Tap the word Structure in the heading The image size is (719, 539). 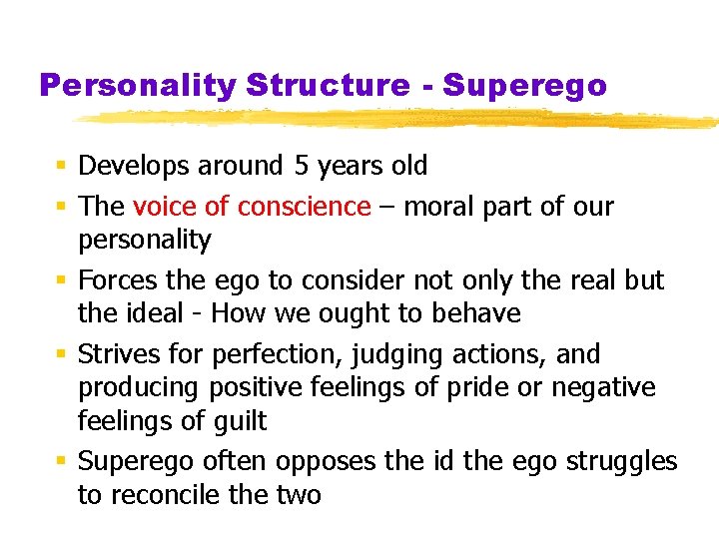[327, 86]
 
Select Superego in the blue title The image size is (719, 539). [524, 86]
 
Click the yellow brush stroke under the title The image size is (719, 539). [399, 120]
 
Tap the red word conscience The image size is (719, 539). [304, 207]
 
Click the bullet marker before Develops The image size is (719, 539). [62, 166]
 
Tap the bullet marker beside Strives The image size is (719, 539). [62, 354]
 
